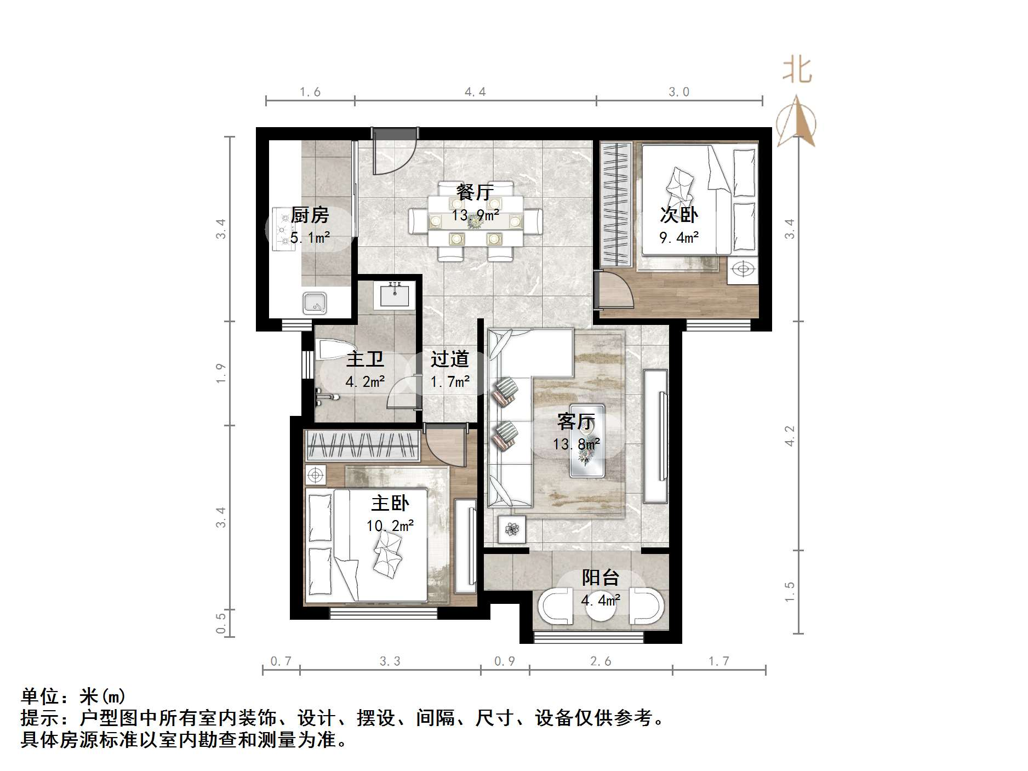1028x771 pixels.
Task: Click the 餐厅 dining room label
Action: click(475, 192)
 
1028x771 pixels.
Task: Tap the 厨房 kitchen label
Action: click(310, 215)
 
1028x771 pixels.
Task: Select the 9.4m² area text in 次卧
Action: click(679, 237)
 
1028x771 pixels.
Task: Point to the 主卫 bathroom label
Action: click(365, 359)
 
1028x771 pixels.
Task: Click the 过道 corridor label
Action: click(449, 359)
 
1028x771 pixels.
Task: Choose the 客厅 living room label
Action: click(576, 422)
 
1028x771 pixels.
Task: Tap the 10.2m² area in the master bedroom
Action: click(390, 526)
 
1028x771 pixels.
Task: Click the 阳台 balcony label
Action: click(601, 578)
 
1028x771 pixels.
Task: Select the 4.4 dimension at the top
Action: click(475, 92)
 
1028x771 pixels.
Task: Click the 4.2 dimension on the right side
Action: click(790, 436)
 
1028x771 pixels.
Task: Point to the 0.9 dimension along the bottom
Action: click(505, 661)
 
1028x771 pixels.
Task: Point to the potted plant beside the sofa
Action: click(512, 529)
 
